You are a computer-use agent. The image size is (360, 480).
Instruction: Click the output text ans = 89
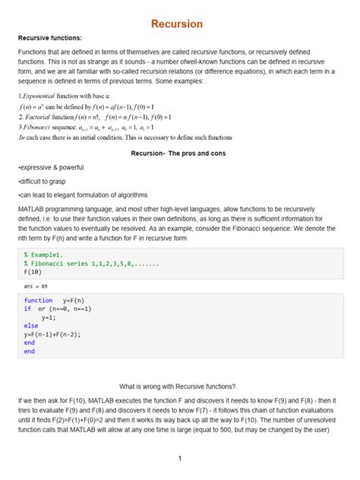coord(36,287)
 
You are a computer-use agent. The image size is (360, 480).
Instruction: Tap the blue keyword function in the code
coord(38,302)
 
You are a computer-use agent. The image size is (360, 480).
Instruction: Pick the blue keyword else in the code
coord(30,326)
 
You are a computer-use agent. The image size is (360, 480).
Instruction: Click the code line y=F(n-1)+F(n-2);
coord(52,334)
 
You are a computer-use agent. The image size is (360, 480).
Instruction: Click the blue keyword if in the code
coord(27,310)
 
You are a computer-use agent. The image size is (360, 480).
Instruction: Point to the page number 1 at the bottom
coord(180,459)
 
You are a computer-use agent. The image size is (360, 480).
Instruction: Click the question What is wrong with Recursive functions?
coord(179,387)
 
